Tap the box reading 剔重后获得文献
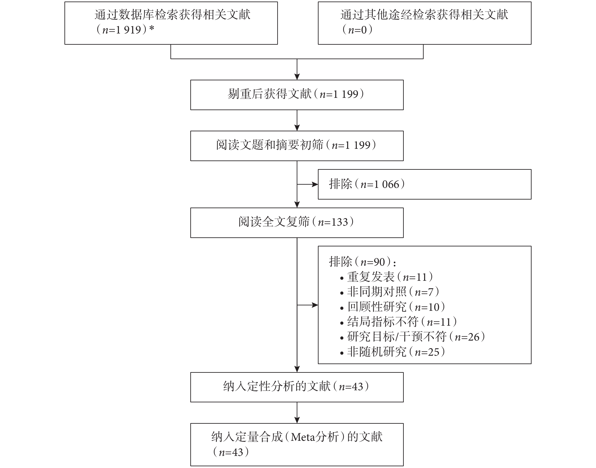click(297, 95)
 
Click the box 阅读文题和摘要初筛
click(297, 146)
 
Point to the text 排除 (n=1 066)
click(367, 184)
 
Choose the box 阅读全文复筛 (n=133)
click(297, 223)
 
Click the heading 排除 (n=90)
click(362, 262)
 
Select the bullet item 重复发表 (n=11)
click(387, 277)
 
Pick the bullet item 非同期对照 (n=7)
click(390, 292)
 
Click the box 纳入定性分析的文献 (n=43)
click(297, 387)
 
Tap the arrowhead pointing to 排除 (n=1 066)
click(315, 184)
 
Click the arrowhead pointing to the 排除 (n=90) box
click(315, 305)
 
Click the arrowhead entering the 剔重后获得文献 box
click(297, 77)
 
